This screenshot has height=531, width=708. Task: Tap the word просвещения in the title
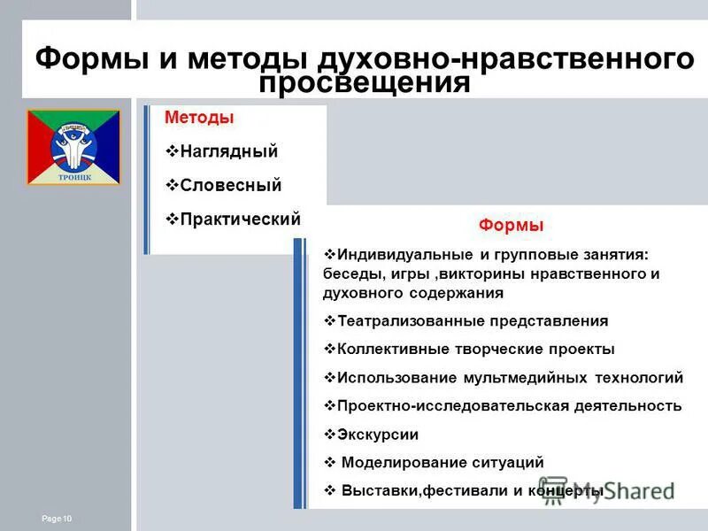(364, 82)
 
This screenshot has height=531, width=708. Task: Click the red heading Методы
(199, 118)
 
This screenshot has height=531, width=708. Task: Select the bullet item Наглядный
(228, 151)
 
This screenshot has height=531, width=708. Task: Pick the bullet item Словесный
(230, 185)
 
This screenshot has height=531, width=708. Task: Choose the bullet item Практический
(240, 219)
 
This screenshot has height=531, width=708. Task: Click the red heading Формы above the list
(511, 226)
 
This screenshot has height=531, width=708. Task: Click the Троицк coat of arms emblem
(73, 147)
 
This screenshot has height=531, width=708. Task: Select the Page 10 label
(57, 518)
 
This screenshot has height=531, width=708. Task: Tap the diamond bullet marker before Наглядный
(172, 151)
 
